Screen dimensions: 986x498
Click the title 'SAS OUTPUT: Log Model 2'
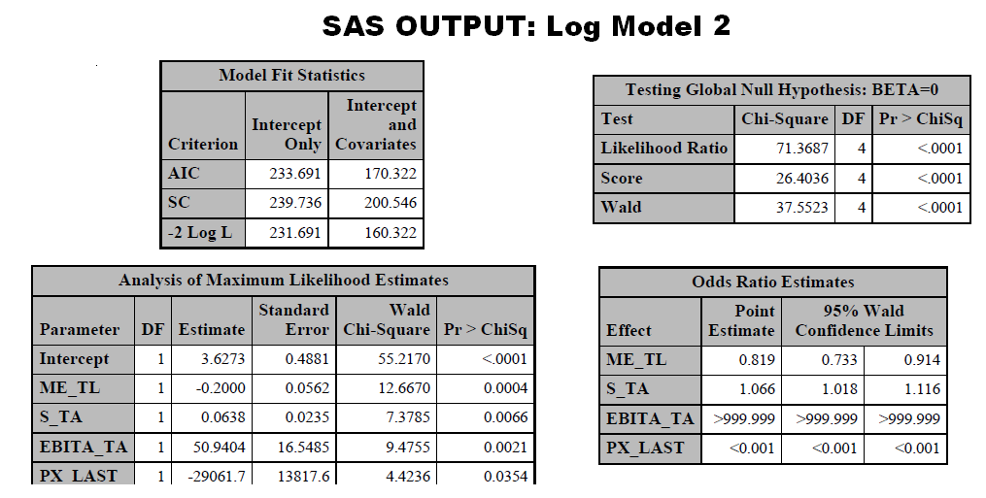(x=527, y=26)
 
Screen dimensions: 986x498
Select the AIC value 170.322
(x=391, y=174)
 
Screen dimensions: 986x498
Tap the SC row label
(x=179, y=203)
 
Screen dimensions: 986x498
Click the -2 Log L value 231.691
(x=295, y=233)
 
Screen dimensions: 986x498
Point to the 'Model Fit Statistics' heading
(x=291, y=76)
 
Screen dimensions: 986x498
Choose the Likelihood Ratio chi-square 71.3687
(x=801, y=149)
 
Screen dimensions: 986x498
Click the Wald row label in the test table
(x=622, y=207)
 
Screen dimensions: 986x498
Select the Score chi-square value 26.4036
(x=801, y=178)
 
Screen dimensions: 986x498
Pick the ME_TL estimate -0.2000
(x=221, y=388)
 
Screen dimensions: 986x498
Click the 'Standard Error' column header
(x=293, y=319)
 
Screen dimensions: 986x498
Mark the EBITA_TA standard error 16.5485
(x=304, y=448)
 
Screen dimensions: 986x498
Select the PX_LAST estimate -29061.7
(x=217, y=476)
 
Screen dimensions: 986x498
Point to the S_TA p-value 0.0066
(x=505, y=417)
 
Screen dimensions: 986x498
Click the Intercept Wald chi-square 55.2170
(x=404, y=359)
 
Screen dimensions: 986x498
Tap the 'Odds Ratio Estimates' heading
(x=773, y=282)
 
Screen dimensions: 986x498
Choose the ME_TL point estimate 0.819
(x=757, y=359)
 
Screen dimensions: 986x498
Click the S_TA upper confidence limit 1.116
(x=922, y=389)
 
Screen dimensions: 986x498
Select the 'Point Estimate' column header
(x=741, y=320)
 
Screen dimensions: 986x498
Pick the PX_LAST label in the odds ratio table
(x=645, y=448)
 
